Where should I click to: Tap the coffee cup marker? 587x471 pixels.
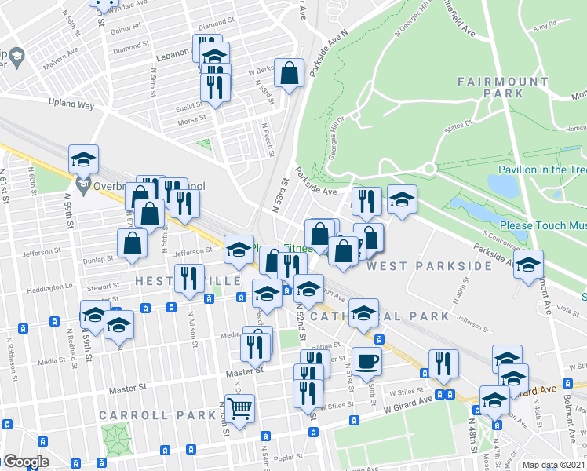(366, 362)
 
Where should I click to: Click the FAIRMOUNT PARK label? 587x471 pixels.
(503, 87)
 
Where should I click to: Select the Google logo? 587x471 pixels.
(26, 462)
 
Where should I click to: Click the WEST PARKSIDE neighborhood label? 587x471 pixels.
(430, 266)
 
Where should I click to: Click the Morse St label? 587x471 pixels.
(192, 119)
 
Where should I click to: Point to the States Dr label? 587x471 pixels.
(460, 122)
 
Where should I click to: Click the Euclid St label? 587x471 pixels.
(189, 106)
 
